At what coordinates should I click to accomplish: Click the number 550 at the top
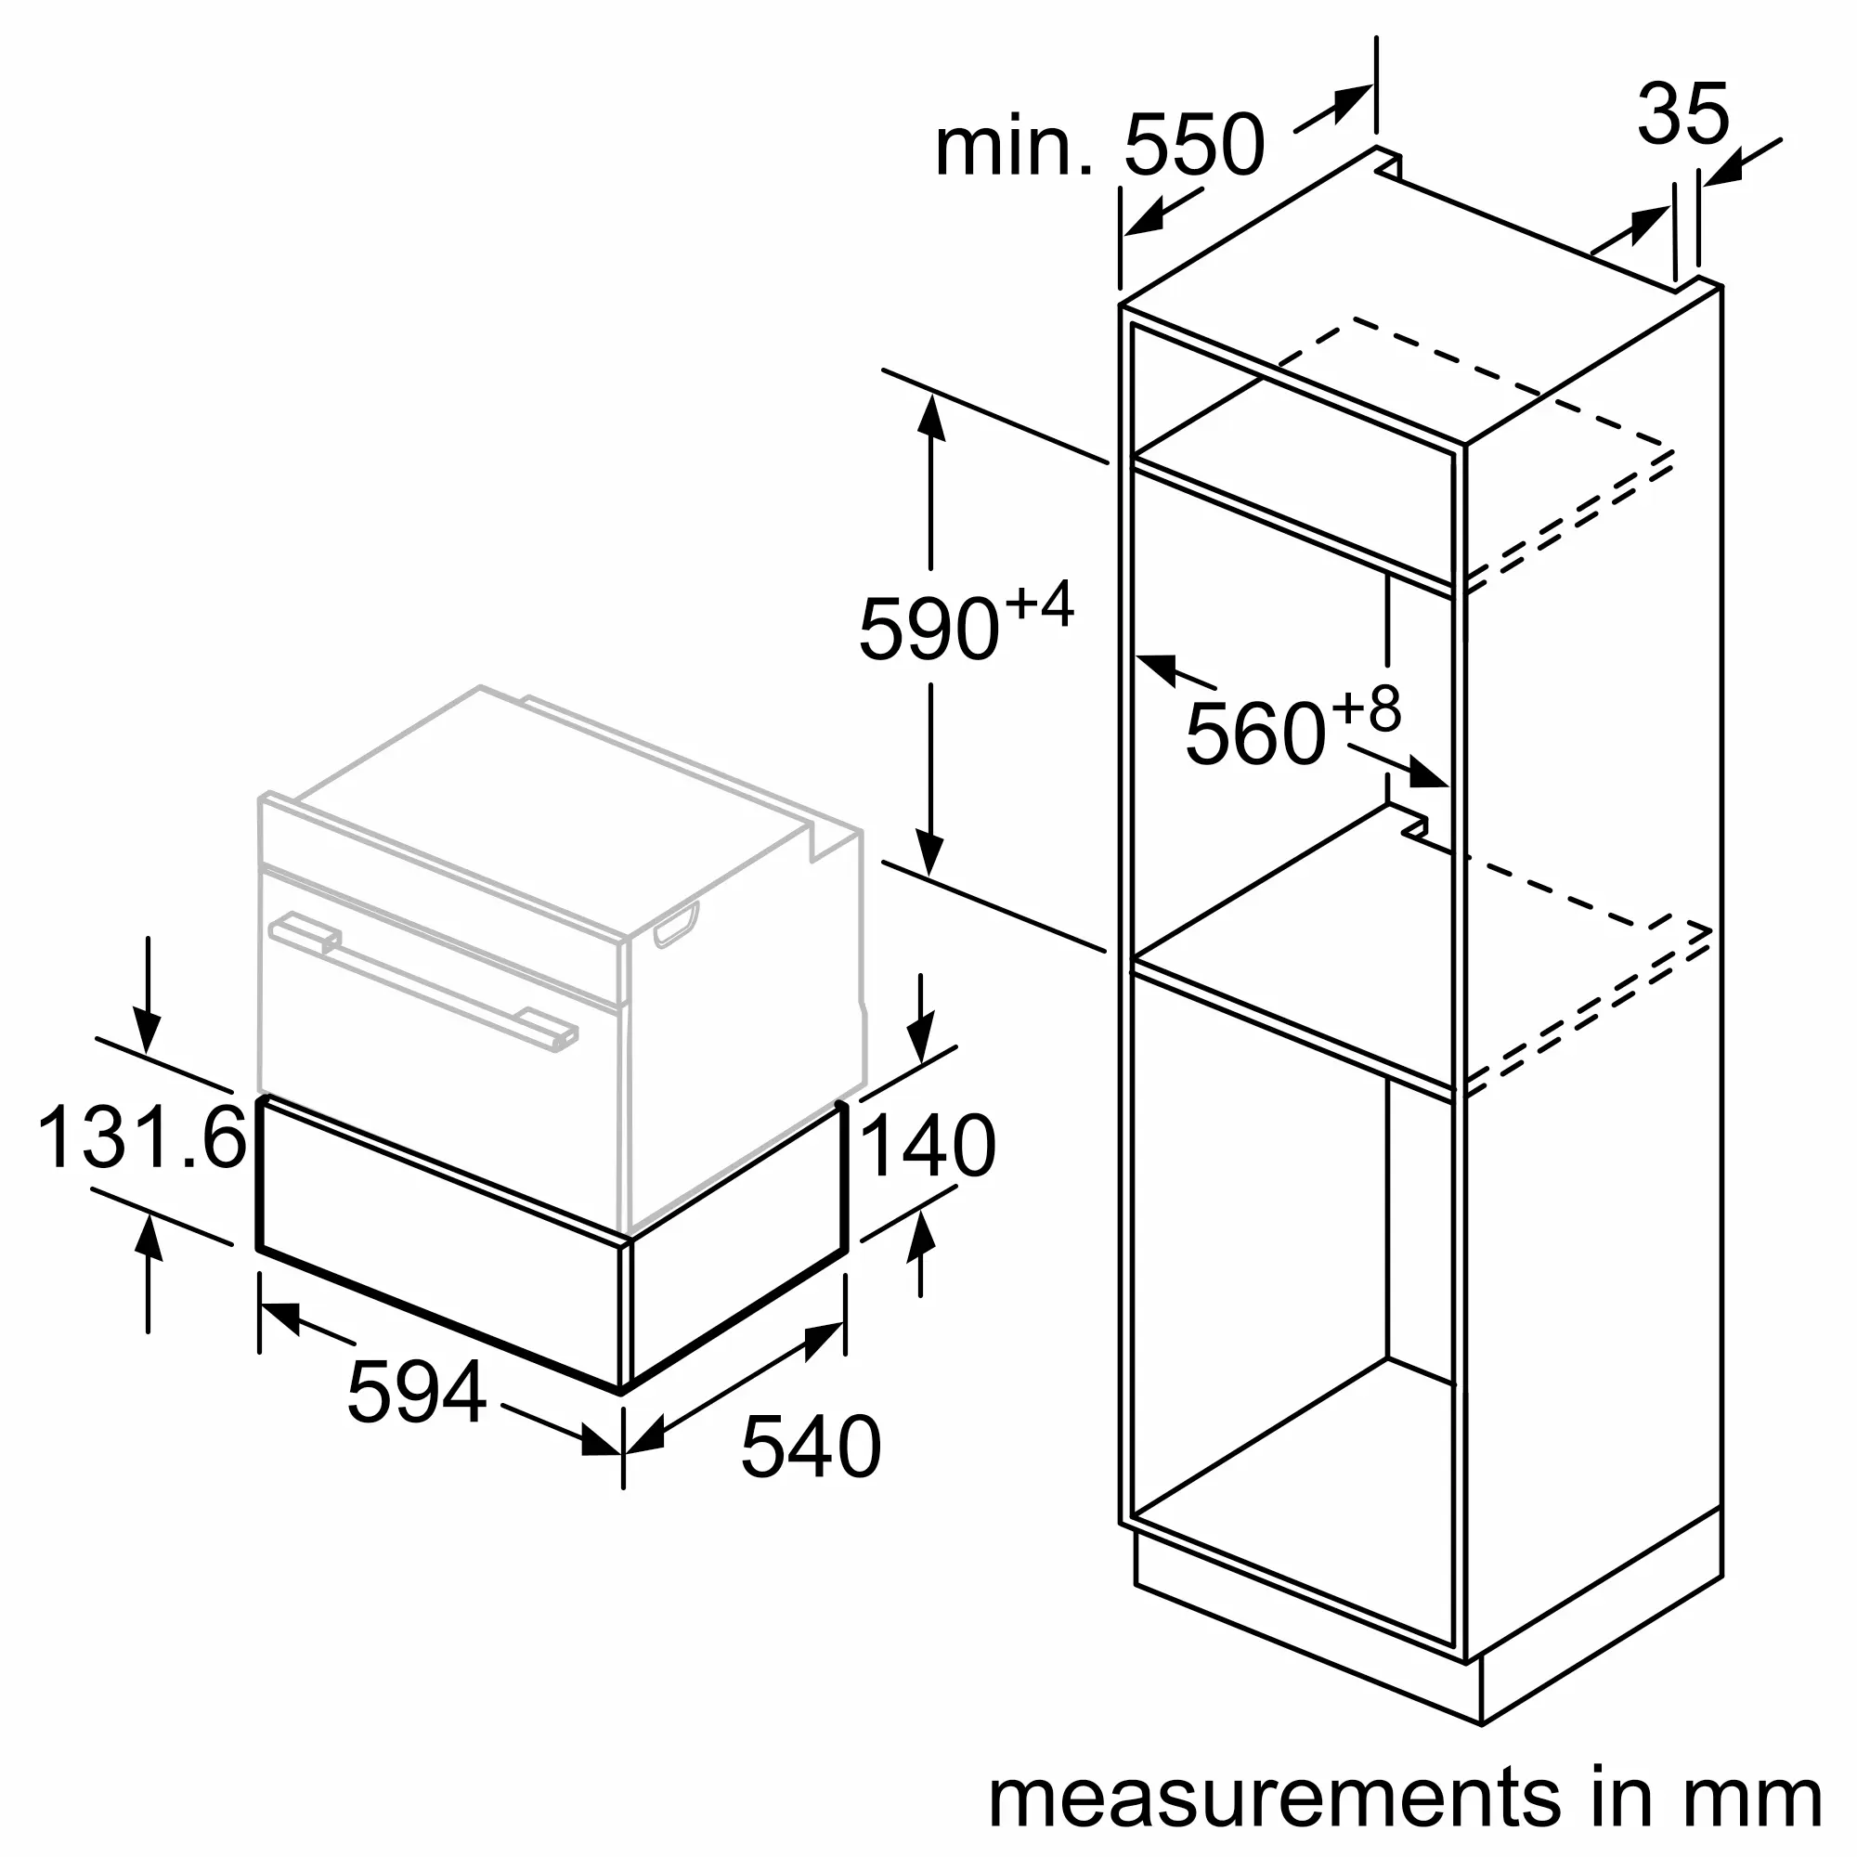pos(1194,145)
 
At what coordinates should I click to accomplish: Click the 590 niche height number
pos(928,630)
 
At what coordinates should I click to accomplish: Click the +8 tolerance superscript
pos(1366,709)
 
